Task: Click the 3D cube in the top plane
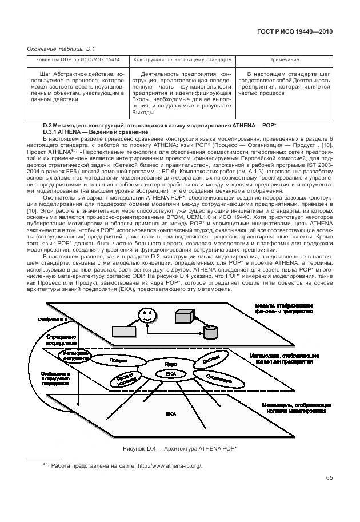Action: tap(185, 317)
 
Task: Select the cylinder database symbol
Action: tap(210, 331)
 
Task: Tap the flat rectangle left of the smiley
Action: tap(124, 330)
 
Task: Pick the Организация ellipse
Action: tap(212, 378)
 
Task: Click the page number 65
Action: tap(329, 478)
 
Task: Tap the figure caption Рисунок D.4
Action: tap(179, 448)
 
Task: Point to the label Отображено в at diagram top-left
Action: tap(53, 319)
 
